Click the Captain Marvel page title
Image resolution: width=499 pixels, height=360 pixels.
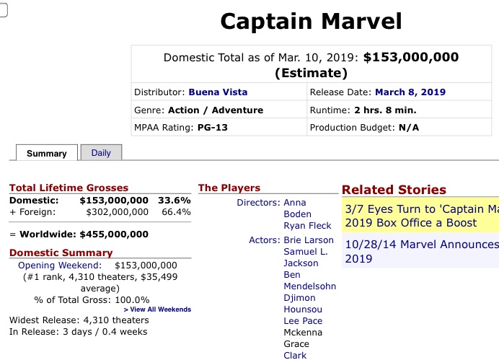pyautogui.click(x=311, y=21)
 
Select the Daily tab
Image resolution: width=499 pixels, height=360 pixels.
pyautogui.click(x=101, y=152)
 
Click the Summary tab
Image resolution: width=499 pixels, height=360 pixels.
pyautogui.click(x=46, y=153)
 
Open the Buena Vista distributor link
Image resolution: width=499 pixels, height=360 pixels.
pyautogui.click(x=218, y=92)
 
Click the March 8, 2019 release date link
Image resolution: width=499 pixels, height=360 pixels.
pyautogui.click(x=410, y=92)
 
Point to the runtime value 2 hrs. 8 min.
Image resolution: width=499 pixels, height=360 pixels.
pyautogui.click(x=386, y=110)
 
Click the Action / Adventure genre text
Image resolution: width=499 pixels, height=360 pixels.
pyautogui.click(x=216, y=110)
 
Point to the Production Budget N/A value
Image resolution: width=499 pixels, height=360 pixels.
pyautogui.click(x=410, y=128)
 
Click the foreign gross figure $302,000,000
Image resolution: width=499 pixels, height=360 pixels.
pyautogui.click(x=117, y=212)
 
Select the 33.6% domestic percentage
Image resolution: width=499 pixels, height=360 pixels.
pyautogui.click(x=174, y=200)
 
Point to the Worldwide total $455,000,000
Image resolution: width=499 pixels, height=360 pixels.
pyautogui.click(x=114, y=234)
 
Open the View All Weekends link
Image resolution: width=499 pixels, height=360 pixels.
pyautogui.click(x=157, y=309)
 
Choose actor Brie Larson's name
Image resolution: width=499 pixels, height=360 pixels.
pyautogui.click(x=309, y=240)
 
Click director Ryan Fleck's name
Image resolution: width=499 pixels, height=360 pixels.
pyautogui.click(x=307, y=226)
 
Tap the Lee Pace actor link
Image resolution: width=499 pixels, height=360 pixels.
pyautogui.click(x=303, y=320)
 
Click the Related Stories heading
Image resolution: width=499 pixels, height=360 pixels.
pyautogui.click(x=394, y=190)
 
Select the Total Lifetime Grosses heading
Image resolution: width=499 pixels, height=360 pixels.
pyautogui.click(x=69, y=188)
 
